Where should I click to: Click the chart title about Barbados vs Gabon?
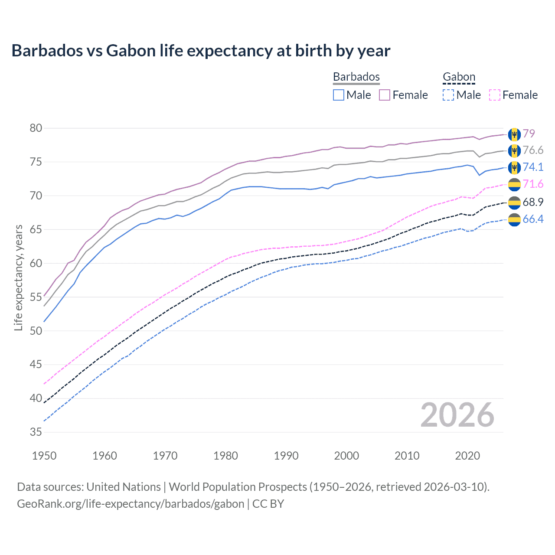(x=201, y=51)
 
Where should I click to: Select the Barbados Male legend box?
(x=339, y=95)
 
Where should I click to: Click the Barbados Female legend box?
(x=385, y=95)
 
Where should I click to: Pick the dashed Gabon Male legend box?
(x=448, y=95)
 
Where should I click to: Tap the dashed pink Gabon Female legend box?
(x=495, y=95)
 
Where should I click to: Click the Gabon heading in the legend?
(x=459, y=77)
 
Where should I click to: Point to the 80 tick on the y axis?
(x=36, y=128)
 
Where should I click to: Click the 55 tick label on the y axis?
(x=36, y=297)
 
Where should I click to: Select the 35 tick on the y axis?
(x=36, y=432)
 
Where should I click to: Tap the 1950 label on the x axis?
(x=44, y=456)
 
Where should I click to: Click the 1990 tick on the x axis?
(x=286, y=456)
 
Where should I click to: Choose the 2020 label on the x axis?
(x=467, y=456)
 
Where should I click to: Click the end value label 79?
(x=529, y=134)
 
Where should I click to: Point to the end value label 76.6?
(x=533, y=150)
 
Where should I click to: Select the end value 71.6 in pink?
(x=533, y=184)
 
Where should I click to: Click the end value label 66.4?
(x=533, y=219)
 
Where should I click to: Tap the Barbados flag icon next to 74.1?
(x=514, y=167)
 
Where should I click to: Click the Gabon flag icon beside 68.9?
(x=514, y=202)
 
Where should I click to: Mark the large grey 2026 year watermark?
(x=457, y=415)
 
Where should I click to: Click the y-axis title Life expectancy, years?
(x=18, y=277)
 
